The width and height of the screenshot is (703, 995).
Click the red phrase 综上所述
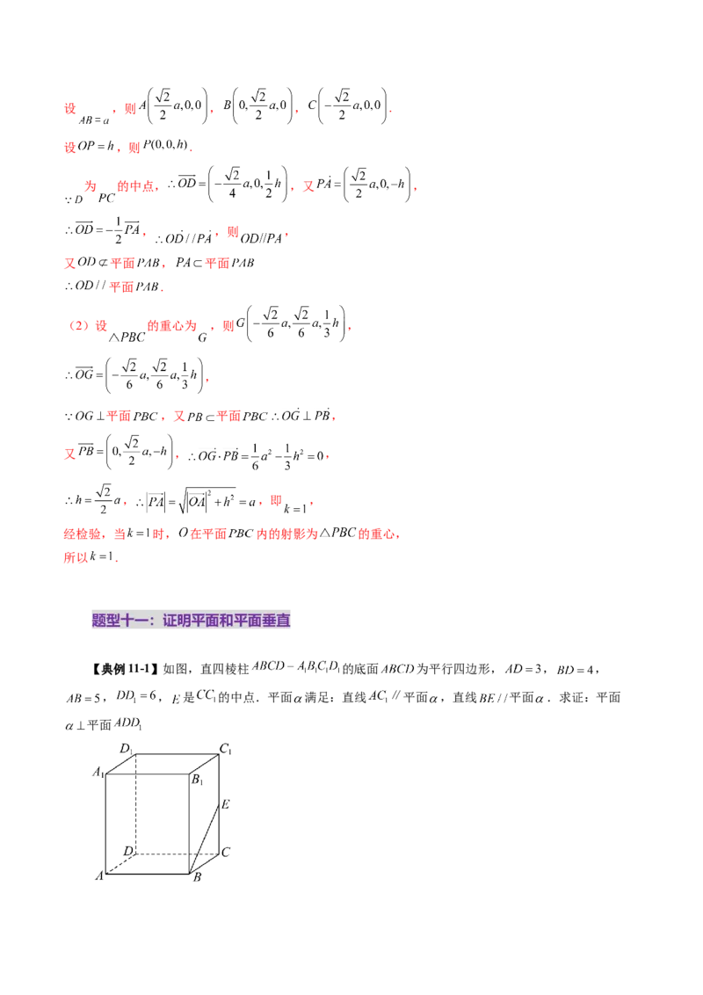[x=83, y=534]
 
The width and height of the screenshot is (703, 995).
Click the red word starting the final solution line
[x=76, y=557]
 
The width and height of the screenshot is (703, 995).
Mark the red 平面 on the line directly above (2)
[x=120, y=287]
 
